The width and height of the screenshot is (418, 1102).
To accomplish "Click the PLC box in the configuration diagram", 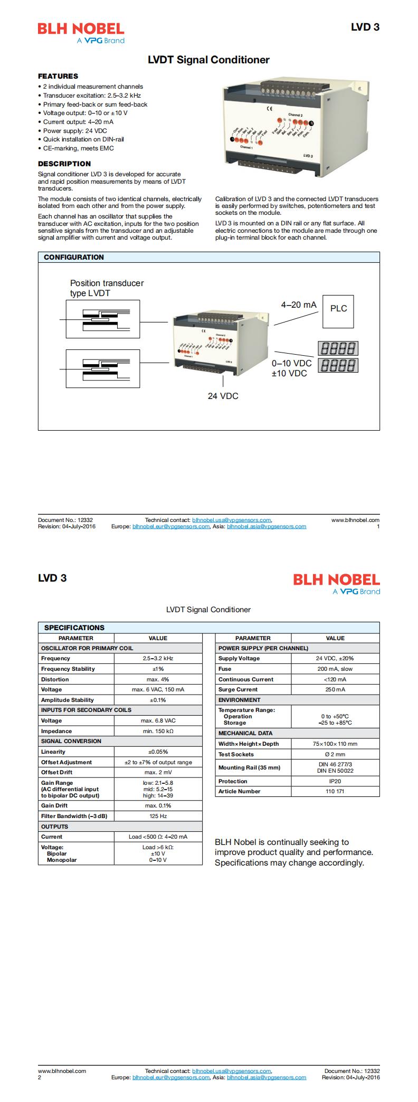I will click(338, 309).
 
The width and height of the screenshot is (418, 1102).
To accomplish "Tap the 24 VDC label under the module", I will click(223, 396).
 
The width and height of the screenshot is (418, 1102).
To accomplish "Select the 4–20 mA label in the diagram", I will click(299, 305).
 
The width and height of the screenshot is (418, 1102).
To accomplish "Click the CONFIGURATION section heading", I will click(74, 257).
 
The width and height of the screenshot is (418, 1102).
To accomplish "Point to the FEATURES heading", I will click(58, 76).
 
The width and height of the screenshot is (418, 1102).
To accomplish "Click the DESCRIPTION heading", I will click(64, 164).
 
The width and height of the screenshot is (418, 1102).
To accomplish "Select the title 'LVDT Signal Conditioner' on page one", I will click(208, 60).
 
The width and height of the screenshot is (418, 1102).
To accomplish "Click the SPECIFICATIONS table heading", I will click(74, 628).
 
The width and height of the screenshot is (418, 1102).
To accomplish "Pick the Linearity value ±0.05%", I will click(158, 752).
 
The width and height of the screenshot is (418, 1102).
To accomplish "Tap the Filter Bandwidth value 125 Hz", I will click(158, 816).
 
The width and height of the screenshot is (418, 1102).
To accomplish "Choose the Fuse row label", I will click(225, 669).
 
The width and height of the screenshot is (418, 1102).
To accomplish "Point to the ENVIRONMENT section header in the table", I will click(239, 700).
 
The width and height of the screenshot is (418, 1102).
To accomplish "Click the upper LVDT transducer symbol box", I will click(103, 319).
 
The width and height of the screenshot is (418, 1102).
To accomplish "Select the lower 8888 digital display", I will click(338, 365).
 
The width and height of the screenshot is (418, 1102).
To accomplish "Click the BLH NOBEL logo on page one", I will click(81, 33).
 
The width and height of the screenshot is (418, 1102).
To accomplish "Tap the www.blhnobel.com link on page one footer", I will click(355, 520).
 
